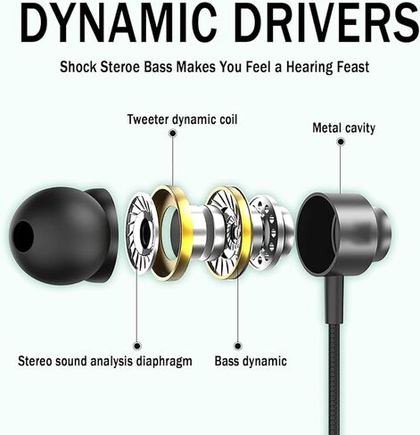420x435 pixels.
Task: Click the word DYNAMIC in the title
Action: coord(119,23)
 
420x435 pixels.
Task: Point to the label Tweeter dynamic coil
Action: coord(183,119)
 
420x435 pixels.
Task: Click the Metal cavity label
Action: coord(343,128)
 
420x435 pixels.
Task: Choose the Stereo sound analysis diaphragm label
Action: coord(105,361)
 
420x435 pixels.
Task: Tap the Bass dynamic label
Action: coord(251,361)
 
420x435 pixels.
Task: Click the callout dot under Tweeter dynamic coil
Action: coord(172,133)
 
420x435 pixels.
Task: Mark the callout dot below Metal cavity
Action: coord(341,142)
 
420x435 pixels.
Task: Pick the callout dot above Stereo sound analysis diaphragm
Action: coord(137,346)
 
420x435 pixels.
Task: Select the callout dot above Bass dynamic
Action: coord(237,346)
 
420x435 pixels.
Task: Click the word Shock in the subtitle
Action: coord(78,67)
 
